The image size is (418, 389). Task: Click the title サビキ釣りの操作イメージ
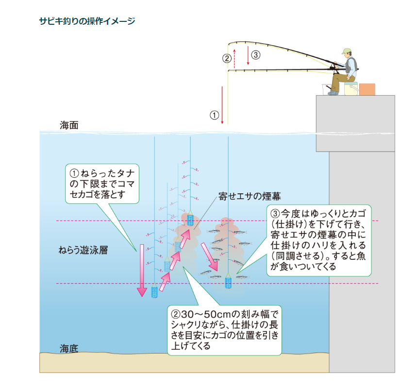click(87, 21)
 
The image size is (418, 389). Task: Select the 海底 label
click(68, 348)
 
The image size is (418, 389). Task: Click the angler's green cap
click(346, 51)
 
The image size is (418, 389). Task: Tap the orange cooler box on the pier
click(367, 89)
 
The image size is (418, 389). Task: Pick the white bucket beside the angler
click(327, 89)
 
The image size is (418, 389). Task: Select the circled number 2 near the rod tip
click(227, 59)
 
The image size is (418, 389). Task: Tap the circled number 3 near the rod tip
click(256, 55)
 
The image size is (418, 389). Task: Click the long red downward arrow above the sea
click(222, 104)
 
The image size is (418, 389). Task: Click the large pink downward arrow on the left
click(141, 270)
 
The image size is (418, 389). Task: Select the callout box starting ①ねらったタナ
click(102, 184)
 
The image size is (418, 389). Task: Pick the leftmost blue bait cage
click(154, 291)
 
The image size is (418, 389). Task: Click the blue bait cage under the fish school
click(228, 283)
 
